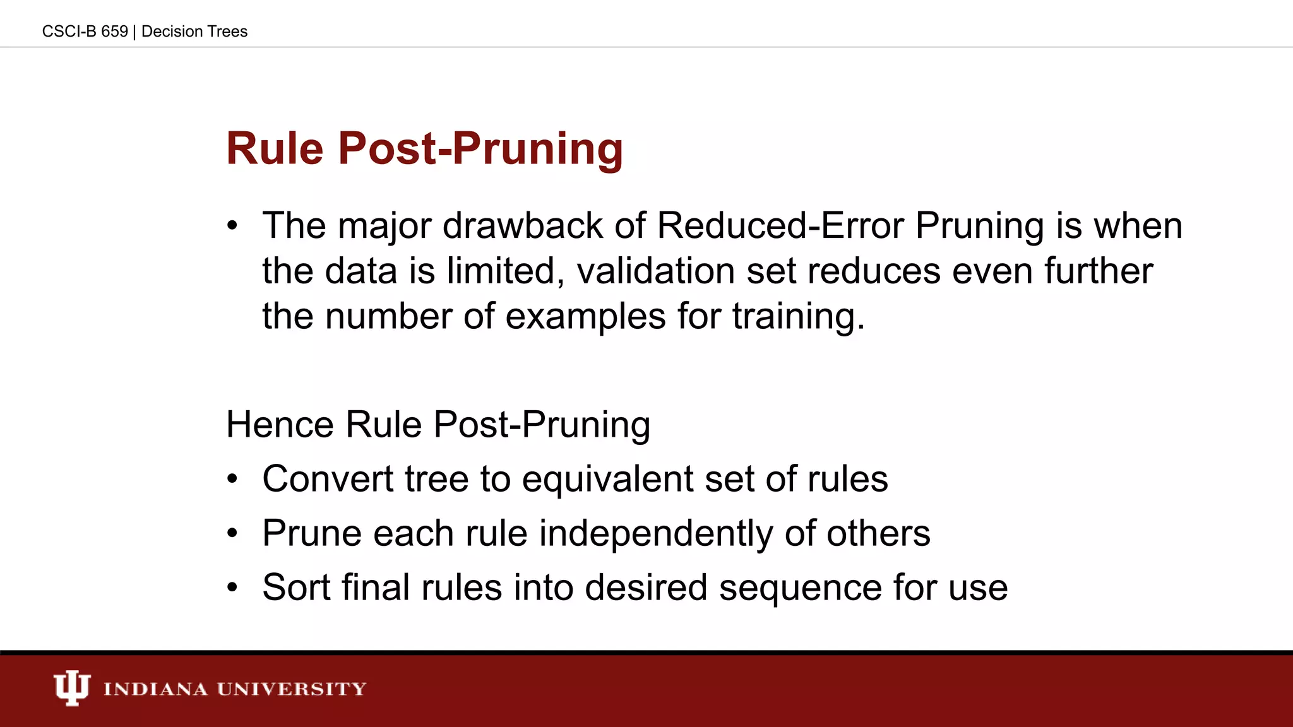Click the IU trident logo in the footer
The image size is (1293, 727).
point(71,688)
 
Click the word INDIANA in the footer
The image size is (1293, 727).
point(155,689)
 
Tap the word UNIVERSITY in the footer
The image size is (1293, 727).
point(292,689)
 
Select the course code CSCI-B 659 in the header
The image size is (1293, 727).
point(85,32)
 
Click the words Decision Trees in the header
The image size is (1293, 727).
point(194,32)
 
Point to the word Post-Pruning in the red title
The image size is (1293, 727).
point(480,149)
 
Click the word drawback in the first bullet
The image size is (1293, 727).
point(522,225)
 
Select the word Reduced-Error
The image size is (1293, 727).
point(780,225)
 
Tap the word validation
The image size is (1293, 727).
point(655,271)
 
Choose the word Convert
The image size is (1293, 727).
point(328,478)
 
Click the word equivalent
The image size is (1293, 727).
point(607,478)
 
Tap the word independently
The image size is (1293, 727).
point(655,533)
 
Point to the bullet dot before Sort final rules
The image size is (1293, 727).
point(232,588)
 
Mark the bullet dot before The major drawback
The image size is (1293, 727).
point(232,225)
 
